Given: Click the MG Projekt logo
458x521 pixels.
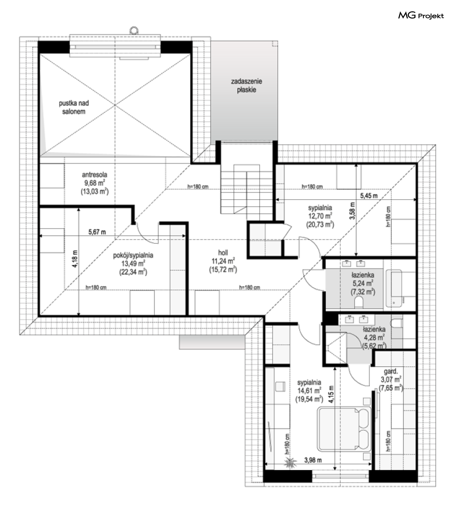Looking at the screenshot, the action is click(421, 15).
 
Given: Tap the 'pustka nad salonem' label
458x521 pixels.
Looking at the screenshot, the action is click(74, 107).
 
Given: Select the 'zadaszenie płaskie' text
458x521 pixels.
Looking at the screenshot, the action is click(246, 85).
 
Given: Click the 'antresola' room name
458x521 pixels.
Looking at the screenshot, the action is click(95, 174).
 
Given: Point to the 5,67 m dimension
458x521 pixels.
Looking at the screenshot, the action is click(97, 232).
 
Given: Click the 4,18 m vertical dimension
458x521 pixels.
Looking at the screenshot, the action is click(75, 259).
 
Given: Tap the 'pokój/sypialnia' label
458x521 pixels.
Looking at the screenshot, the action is click(133, 255).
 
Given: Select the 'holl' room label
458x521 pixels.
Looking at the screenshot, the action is click(223, 252).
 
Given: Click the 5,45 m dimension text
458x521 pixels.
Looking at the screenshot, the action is click(369, 196).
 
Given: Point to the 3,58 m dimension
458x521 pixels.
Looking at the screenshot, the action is click(352, 211).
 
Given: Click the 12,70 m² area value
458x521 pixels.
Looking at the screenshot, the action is click(320, 216).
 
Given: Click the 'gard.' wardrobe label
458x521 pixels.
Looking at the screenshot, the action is click(391, 371).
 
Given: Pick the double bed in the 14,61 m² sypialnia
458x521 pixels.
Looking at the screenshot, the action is click(344, 429).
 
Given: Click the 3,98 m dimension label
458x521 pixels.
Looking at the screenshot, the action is click(313, 460).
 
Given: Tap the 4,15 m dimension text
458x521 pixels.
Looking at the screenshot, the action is click(331, 395).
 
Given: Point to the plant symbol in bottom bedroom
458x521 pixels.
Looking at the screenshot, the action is click(290, 463).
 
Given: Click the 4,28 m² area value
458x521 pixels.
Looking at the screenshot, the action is click(374, 337).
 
